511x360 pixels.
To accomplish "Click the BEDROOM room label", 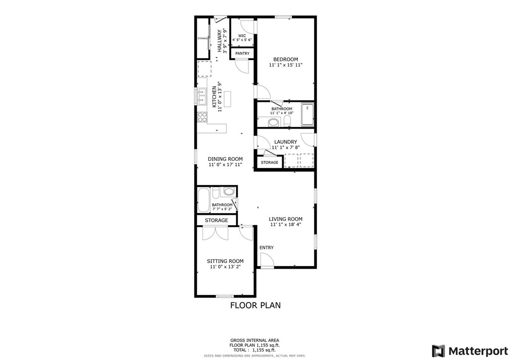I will (x=286, y=59).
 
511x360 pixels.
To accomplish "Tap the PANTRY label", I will (x=242, y=53).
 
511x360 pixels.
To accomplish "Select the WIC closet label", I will (x=242, y=36).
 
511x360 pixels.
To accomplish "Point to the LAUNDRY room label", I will (x=286, y=142).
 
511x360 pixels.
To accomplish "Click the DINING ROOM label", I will (x=225, y=159).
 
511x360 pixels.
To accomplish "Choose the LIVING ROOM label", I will (x=286, y=219).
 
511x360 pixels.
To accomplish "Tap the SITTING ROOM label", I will (x=225, y=261).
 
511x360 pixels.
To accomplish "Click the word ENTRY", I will (x=267, y=248).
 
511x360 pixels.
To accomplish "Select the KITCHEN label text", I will (x=214, y=97).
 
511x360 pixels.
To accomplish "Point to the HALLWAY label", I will (x=219, y=41).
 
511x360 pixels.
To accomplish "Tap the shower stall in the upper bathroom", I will (x=307, y=114).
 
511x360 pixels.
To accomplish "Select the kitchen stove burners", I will (x=202, y=117).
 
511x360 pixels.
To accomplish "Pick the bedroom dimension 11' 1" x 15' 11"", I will (x=286, y=65).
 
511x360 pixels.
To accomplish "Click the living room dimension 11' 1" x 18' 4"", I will (x=286, y=225).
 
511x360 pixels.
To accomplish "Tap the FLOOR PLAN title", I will (x=255, y=305).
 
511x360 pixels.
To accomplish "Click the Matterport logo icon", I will (x=438, y=350).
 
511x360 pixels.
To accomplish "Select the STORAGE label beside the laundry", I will (x=270, y=162).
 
